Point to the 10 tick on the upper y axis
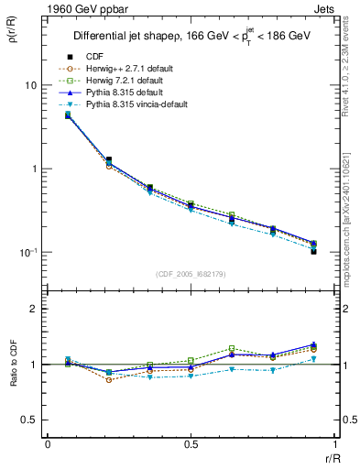tap(30, 85)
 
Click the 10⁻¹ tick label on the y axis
tap(27, 252)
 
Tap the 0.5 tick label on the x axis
tap(191, 444)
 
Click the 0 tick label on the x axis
tap(47, 444)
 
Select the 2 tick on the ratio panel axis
tap(35, 309)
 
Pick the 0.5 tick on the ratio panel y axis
tap(30, 420)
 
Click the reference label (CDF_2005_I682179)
tap(190, 274)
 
